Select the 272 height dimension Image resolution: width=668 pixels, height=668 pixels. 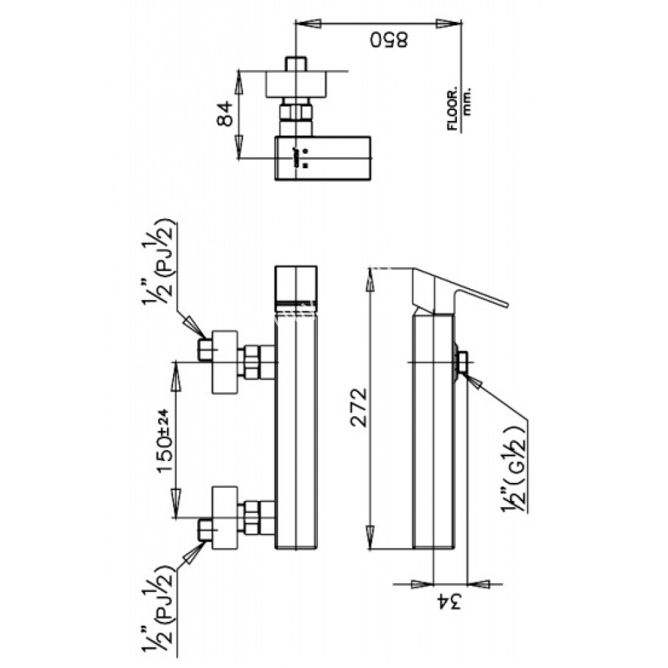358,407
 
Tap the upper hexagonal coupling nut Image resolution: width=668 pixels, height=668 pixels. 253,362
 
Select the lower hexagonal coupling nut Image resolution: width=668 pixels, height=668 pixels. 253,518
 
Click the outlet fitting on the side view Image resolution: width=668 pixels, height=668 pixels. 462,362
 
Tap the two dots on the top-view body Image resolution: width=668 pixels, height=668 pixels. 306,156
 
